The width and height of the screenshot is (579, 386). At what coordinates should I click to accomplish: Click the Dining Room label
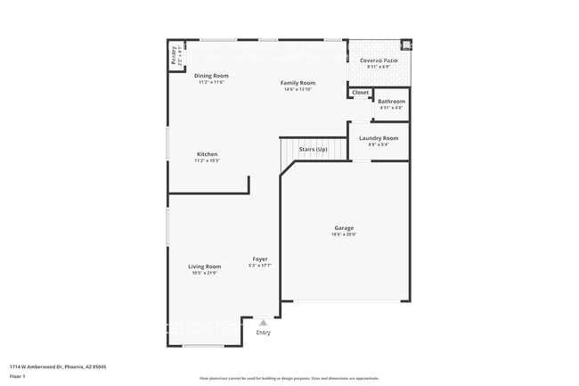(x=211, y=76)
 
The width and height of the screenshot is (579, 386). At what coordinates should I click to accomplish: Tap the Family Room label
(x=298, y=83)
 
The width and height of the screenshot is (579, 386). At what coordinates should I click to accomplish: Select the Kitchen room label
(x=207, y=154)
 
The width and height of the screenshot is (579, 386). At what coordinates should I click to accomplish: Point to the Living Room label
(x=204, y=267)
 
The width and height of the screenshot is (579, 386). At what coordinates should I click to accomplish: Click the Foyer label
(x=259, y=259)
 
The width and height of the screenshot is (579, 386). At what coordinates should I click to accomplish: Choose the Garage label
(x=344, y=228)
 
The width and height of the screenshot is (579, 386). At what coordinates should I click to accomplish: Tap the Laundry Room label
(x=379, y=138)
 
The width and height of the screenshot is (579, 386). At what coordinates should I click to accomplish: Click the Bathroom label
(x=391, y=102)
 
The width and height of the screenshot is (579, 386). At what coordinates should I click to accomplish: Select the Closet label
(x=360, y=93)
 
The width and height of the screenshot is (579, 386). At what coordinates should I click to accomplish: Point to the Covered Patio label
(x=379, y=61)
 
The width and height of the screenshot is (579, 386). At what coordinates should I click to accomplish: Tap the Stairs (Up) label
(x=313, y=150)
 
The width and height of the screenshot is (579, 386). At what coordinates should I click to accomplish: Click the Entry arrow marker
(x=262, y=324)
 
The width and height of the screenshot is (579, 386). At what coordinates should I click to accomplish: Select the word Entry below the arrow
(x=263, y=333)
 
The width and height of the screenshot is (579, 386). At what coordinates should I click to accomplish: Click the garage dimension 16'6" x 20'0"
(x=344, y=234)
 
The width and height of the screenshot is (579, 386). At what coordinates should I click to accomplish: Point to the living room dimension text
(x=204, y=273)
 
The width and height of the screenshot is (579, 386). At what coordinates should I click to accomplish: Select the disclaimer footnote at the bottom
(x=289, y=378)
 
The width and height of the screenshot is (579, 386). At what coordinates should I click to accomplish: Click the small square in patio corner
(x=406, y=45)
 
